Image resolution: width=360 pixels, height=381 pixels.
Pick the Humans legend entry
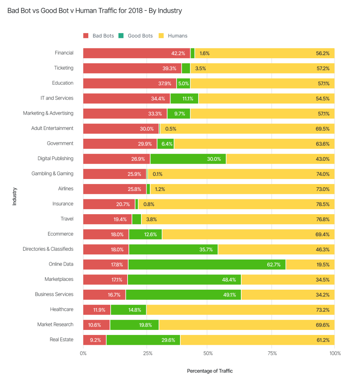tap(177, 36)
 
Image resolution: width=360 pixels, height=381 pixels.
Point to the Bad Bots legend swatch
tap(86, 36)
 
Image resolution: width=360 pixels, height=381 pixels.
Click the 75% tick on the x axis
tap(272, 353)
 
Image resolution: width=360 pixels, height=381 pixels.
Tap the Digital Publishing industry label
tap(55, 158)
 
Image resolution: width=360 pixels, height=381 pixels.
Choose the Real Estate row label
tap(62, 340)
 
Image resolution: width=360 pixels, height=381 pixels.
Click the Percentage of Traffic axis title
tap(210, 371)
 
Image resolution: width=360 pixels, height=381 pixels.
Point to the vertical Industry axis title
tap(15, 196)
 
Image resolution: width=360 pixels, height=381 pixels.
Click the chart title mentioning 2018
tap(95, 11)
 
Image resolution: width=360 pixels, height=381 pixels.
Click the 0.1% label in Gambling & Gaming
tap(157, 174)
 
